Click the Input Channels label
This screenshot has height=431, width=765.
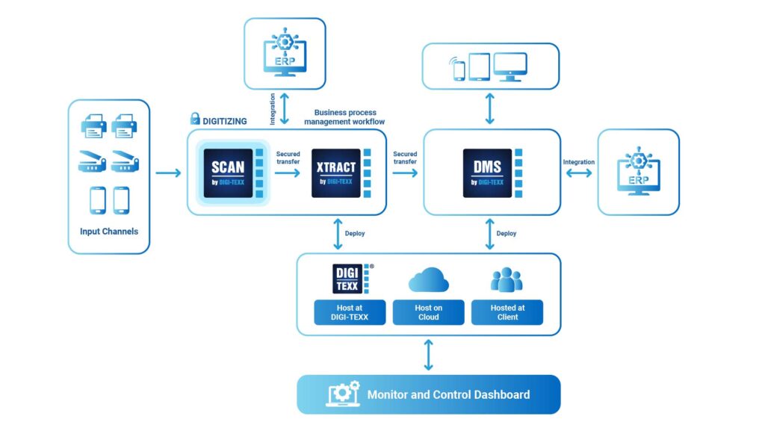[x=109, y=232]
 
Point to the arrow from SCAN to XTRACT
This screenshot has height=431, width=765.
[x=287, y=173]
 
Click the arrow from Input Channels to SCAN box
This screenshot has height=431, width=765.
[x=168, y=173]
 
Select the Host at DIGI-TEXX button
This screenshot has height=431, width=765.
[x=349, y=312]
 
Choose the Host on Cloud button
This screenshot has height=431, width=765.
[x=428, y=312]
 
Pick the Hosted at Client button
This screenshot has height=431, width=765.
[x=507, y=312]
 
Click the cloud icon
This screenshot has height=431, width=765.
[x=428, y=279]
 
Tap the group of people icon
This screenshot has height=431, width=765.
[x=507, y=279]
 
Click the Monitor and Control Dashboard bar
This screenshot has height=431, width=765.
[x=428, y=394]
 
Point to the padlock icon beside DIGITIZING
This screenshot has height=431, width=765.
[x=195, y=119]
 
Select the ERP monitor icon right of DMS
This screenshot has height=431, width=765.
[x=638, y=173]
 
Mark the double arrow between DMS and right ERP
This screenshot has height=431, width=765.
[x=579, y=173]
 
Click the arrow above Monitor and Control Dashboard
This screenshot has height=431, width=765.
[x=428, y=355]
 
